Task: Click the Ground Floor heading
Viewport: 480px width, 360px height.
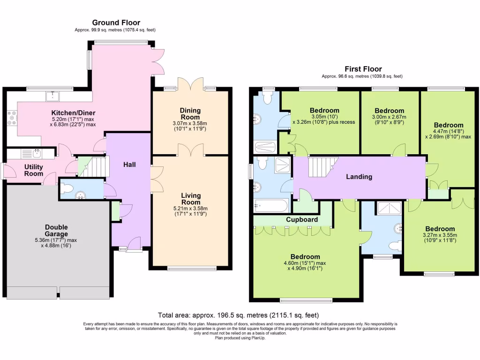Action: pyautogui.click(x=116, y=22)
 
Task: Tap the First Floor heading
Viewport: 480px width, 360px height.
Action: pyautogui.click(x=363, y=69)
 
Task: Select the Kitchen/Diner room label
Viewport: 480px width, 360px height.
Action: pyautogui.click(x=73, y=112)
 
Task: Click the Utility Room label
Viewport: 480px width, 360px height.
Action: pyautogui.click(x=34, y=170)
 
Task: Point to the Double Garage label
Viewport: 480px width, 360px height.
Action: pyautogui.click(x=56, y=230)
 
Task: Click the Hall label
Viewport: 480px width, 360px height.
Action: pyautogui.click(x=129, y=165)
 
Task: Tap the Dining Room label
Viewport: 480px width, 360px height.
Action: pyautogui.click(x=190, y=113)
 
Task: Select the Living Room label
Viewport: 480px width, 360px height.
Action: pyautogui.click(x=191, y=199)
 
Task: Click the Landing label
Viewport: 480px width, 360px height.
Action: pyautogui.click(x=359, y=177)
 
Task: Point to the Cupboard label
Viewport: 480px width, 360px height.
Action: pyautogui.click(x=302, y=219)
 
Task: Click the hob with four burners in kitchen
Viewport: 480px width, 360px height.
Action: pyautogui.click(x=12, y=118)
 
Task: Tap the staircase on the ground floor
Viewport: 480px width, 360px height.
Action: pyautogui.click(x=93, y=167)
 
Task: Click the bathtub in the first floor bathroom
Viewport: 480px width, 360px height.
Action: pyautogui.click(x=271, y=206)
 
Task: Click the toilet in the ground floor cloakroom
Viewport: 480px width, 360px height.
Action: pyautogui.click(x=66, y=188)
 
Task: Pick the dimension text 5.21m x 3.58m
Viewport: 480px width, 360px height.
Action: pyautogui.click(x=190, y=209)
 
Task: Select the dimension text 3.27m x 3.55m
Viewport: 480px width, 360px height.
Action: pyautogui.click(x=440, y=235)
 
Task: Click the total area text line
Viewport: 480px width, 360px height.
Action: pyautogui.click(x=238, y=315)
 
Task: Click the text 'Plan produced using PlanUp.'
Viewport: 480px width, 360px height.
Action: pyautogui.click(x=240, y=338)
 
